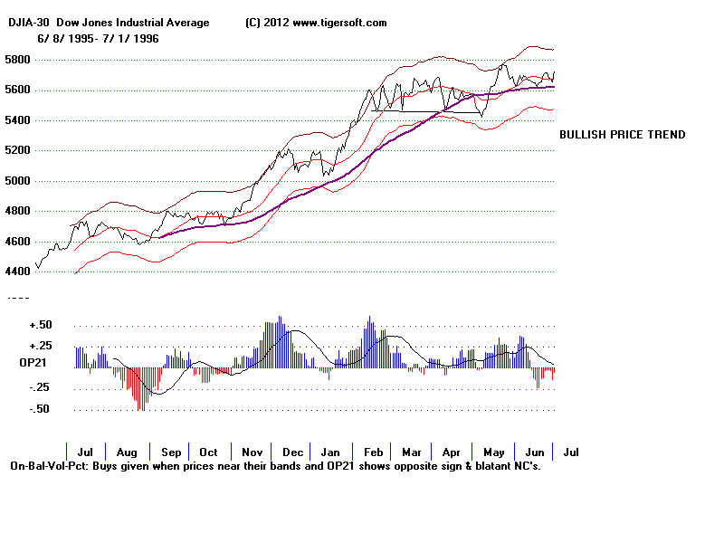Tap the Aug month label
[128, 452]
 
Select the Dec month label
[292, 452]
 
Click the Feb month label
[372, 452]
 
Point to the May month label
[494, 452]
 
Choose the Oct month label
[209, 452]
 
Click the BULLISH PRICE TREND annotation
[622, 135]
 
